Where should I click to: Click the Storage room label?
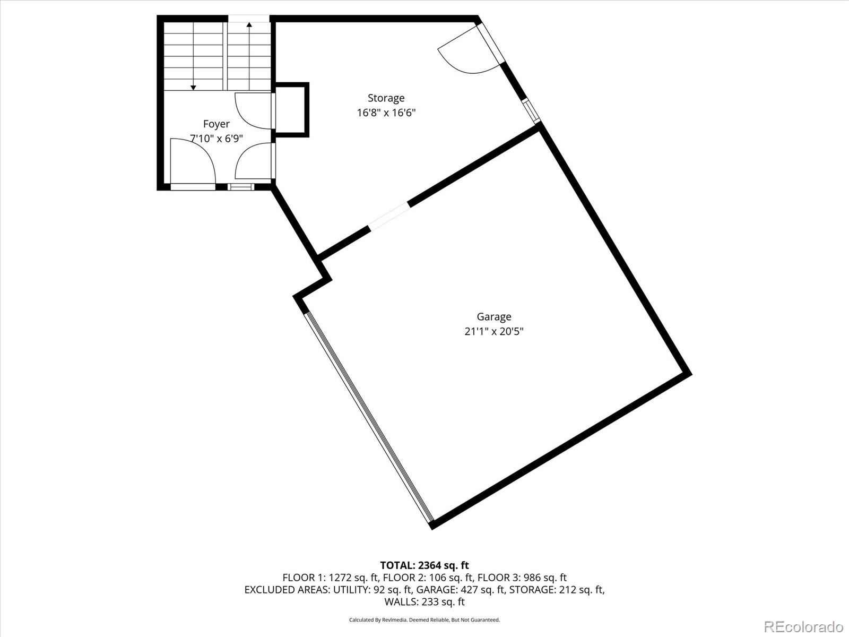[x=386, y=98]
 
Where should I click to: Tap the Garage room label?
[x=493, y=317]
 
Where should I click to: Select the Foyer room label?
[x=216, y=124]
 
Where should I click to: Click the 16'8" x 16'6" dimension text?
[x=386, y=113]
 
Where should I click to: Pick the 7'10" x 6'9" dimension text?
[x=216, y=139]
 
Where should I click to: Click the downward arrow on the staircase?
[x=193, y=87]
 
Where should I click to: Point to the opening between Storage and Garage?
[x=389, y=217]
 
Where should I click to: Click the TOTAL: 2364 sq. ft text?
[x=424, y=565]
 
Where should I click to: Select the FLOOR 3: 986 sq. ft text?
[x=522, y=578]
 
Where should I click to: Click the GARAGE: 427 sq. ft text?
[x=460, y=590]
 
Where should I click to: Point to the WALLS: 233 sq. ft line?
[x=424, y=602]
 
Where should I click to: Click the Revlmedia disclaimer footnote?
[x=424, y=620]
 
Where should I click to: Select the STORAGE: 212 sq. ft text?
[x=557, y=590]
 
